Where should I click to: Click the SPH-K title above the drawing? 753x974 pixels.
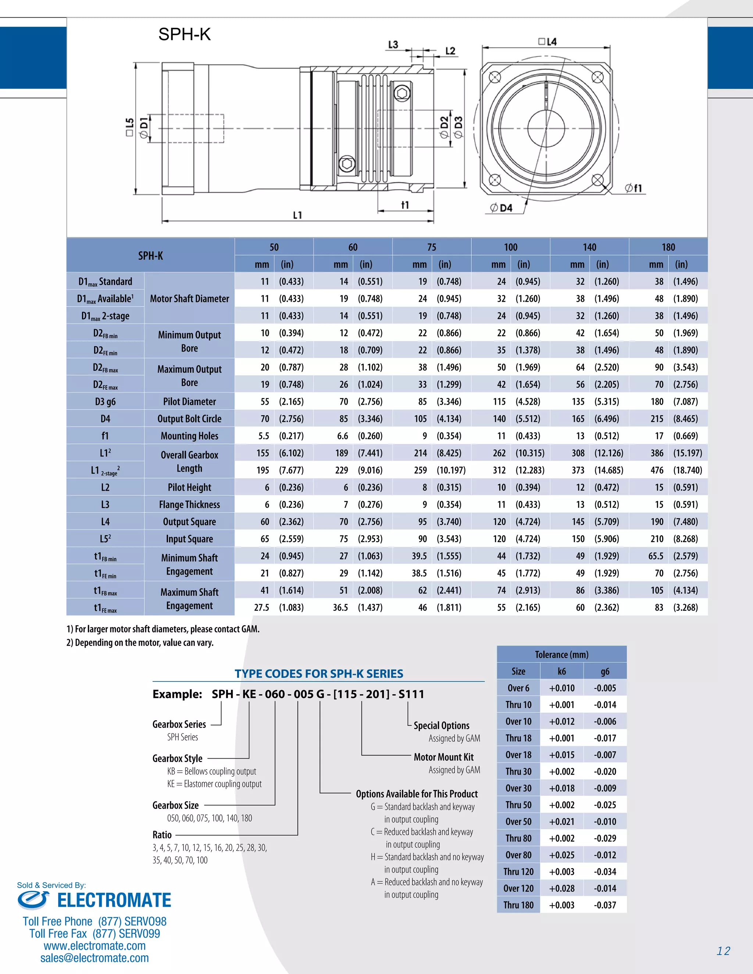coord(184,34)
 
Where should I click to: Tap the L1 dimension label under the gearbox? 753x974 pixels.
coord(297,215)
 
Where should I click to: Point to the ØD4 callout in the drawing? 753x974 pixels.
coord(502,208)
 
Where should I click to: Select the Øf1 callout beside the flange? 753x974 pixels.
coord(634,188)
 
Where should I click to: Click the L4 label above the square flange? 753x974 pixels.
coord(548,42)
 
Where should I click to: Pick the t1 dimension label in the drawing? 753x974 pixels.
coord(404,205)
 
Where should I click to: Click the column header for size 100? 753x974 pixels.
coord(510,247)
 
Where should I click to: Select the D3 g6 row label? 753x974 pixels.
coord(105,401)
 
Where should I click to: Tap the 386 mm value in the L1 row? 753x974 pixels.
coord(657,453)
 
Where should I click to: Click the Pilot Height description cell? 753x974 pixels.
coord(189,487)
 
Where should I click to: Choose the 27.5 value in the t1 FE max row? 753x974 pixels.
coord(261,608)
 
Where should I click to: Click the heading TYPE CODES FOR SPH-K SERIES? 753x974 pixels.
coord(318,673)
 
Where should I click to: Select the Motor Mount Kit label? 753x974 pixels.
coord(443,757)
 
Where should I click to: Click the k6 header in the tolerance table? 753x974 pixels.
coord(562,671)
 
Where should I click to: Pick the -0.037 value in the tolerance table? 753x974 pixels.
coord(605,905)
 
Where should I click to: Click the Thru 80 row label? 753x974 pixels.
coord(518,838)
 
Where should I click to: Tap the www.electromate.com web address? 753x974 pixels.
coord(94,945)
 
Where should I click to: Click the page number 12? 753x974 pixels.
coord(723,951)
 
